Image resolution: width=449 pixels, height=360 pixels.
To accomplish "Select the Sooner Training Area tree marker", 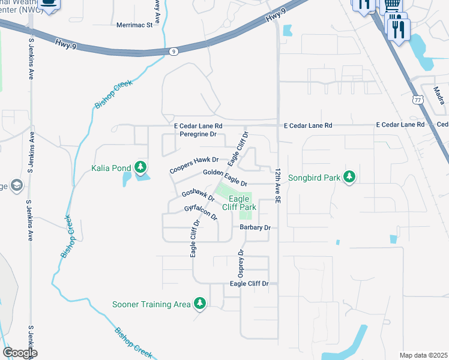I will click(x=200, y=304).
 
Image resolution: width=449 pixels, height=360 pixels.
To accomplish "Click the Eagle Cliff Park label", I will click(x=239, y=203).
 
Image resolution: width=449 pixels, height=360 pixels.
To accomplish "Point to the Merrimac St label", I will click(x=134, y=25).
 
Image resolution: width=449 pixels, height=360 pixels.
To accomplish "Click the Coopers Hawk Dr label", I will click(x=194, y=166).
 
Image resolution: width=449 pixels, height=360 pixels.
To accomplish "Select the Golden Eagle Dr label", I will click(x=225, y=177).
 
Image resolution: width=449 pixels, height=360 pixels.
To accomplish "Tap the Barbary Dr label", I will click(x=255, y=227).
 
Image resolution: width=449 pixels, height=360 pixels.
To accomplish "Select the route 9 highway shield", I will click(x=173, y=52).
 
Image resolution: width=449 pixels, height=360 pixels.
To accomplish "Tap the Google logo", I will click(x=20, y=352).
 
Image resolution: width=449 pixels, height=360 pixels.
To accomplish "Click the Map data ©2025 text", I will click(x=423, y=355).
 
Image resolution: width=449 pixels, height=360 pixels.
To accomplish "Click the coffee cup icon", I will click(x=49, y=4).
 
